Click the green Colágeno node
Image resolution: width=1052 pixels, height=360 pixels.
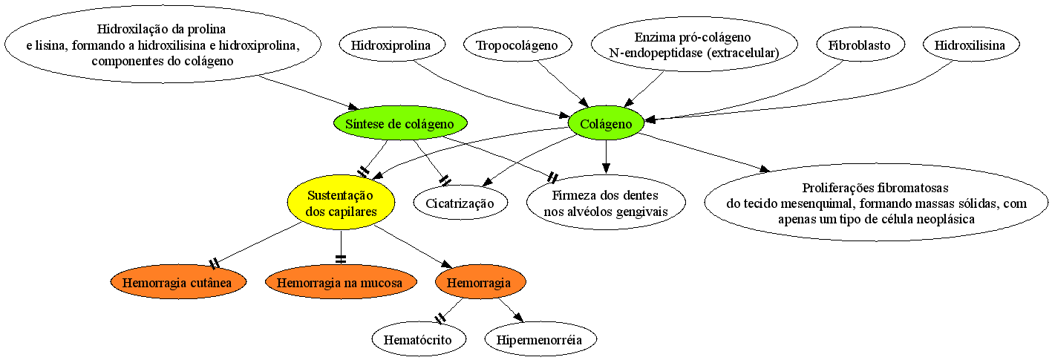[606, 123]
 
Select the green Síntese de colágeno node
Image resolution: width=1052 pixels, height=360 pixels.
[400, 123]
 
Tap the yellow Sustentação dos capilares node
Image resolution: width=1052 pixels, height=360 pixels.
[341, 203]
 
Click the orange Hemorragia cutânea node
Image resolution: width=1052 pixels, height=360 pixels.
[178, 283]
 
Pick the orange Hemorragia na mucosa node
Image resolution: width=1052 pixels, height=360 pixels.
[341, 283]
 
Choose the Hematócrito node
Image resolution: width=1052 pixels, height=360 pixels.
[419, 339]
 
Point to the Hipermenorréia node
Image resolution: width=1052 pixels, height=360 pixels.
[540, 339]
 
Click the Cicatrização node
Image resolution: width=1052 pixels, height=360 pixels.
[460, 203]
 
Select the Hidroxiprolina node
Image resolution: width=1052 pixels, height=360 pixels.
[391, 45]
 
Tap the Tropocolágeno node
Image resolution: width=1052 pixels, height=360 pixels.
[517, 45]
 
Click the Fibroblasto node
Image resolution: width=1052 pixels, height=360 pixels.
[859, 45]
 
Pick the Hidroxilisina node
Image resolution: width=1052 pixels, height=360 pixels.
[970, 45]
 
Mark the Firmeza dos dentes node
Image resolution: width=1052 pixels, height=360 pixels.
[606, 203]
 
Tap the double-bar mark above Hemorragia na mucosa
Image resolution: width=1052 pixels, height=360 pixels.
[341, 259]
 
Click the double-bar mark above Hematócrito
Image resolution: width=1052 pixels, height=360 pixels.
[440, 318]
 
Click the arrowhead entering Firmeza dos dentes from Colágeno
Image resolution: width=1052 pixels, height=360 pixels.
[606, 168]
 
